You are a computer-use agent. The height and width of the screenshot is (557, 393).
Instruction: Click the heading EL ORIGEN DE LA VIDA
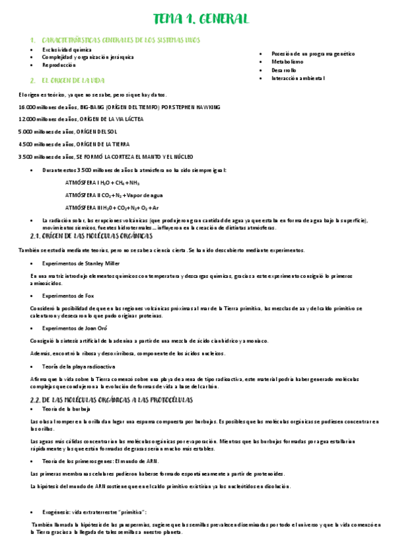pyautogui.click(x=73, y=80)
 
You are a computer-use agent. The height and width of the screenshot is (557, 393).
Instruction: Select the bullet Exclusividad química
pyautogui.click(x=67, y=49)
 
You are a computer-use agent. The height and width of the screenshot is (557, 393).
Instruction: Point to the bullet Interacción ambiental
pyautogui.click(x=298, y=78)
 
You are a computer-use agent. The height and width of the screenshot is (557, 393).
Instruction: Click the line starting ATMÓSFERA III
pyautogui.click(x=113, y=207)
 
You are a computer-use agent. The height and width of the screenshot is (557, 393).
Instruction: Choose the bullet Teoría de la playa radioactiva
pyautogui.click(x=80, y=365)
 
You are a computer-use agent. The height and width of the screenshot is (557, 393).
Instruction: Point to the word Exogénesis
pyautogui.click(x=56, y=511)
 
